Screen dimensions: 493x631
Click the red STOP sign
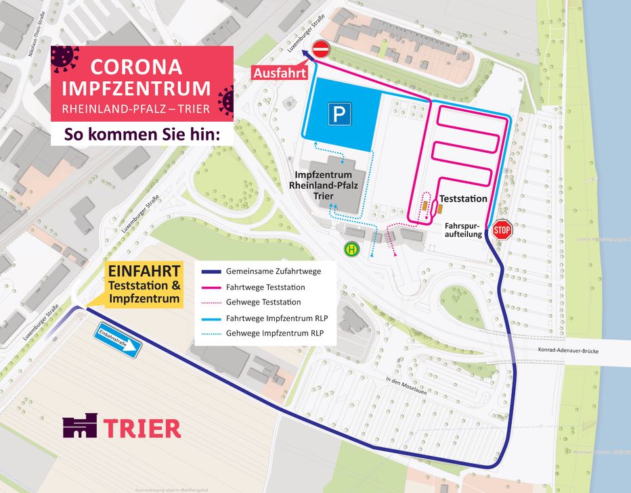[x=502, y=229]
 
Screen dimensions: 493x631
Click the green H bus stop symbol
[x=351, y=249]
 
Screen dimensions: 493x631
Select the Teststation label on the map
[x=463, y=199]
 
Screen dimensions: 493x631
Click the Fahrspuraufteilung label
[x=463, y=229]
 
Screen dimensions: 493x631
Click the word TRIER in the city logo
[x=143, y=428]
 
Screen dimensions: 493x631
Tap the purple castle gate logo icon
[x=80, y=426]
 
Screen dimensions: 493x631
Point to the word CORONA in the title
[x=136, y=66]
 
